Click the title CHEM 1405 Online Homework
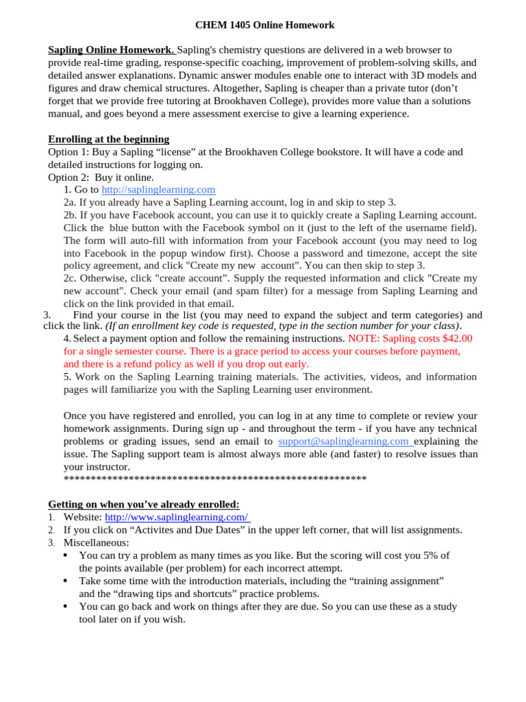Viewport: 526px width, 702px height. (x=264, y=25)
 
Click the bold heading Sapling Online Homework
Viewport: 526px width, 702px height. (x=111, y=50)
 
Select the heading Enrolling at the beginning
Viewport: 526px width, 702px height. (x=108, y=139)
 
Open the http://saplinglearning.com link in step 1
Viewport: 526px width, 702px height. (x=158, y=190)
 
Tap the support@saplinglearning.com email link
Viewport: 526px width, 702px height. (x=345, y=441)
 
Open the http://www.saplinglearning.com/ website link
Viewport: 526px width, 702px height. (x=177, y=517)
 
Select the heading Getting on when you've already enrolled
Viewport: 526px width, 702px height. (x=143, y=505)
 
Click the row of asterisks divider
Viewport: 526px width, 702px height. (x=214, y=479)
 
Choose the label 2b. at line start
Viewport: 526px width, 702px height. (x=70, y=215)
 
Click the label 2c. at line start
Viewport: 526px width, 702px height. (x=70, y=278)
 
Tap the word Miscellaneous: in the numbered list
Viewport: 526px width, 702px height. (x=96, y=543)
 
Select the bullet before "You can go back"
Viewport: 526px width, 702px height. (x=65, y=607)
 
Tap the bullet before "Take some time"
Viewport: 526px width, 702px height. (x=65, y=581)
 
